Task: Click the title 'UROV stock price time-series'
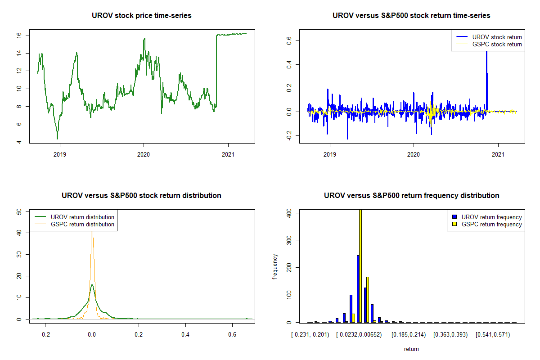point(142,16)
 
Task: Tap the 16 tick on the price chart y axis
point(27,35)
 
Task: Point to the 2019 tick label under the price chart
point(59,153)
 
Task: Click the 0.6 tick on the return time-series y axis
point(289,41)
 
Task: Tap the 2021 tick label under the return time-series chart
point(498,153)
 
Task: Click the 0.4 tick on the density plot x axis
point(185,335)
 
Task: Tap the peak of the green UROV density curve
point(92,285)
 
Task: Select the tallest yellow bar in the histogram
point(360,265)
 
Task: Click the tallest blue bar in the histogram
point(358,288)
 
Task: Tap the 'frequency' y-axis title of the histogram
point(275,266)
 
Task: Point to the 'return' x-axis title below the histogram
point(411,349)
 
